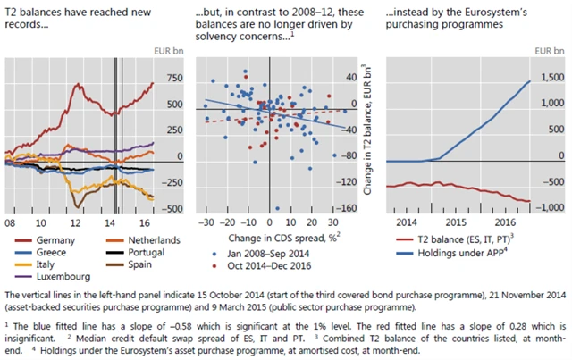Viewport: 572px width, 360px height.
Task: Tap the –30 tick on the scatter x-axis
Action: [206, 221]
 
